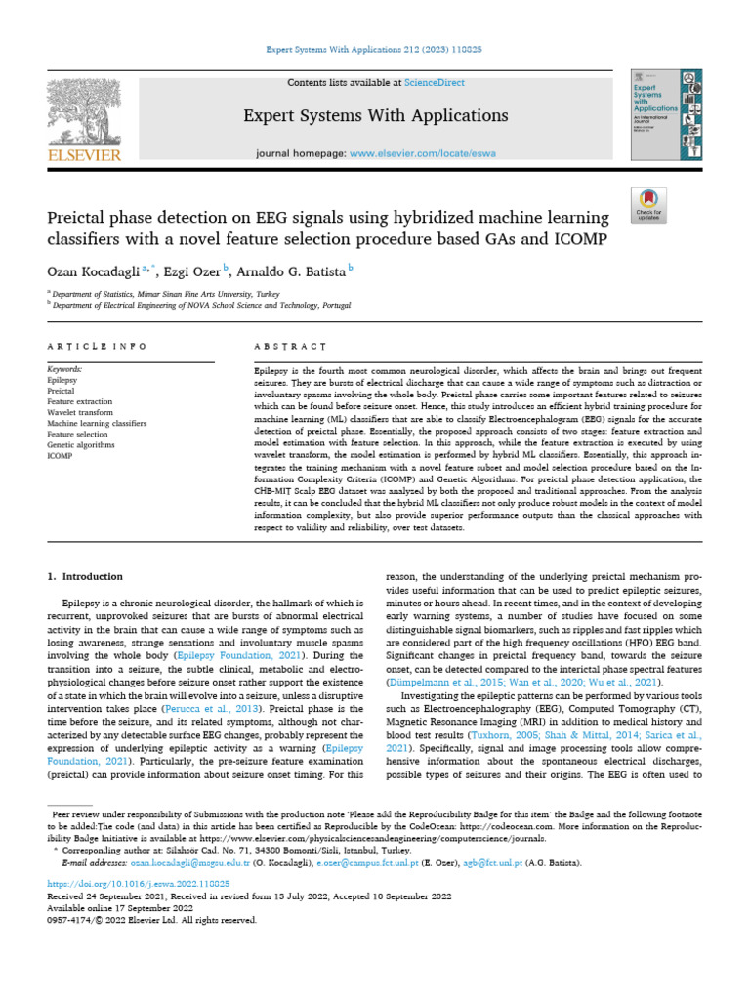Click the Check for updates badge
click(648, 204)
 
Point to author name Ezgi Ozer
click(195, 269)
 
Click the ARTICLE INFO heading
click(98, 347)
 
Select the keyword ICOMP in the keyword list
click(61, 455)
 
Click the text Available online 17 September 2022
click(121, 907)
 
